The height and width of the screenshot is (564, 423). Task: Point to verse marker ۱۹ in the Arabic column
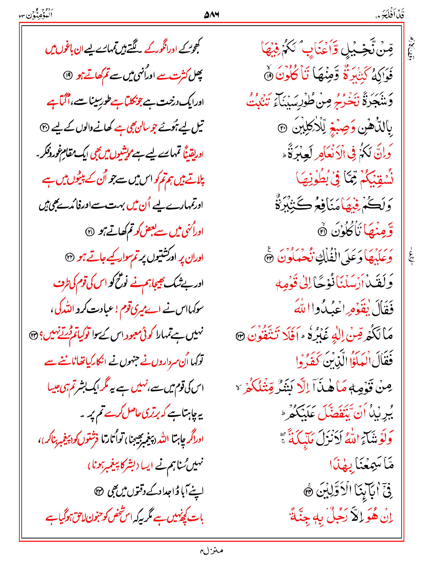268,77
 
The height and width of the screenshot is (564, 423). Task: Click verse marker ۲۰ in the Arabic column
282,128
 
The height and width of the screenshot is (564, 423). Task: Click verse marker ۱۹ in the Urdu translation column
67,75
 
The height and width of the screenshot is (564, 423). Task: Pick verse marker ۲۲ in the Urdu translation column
69,258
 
